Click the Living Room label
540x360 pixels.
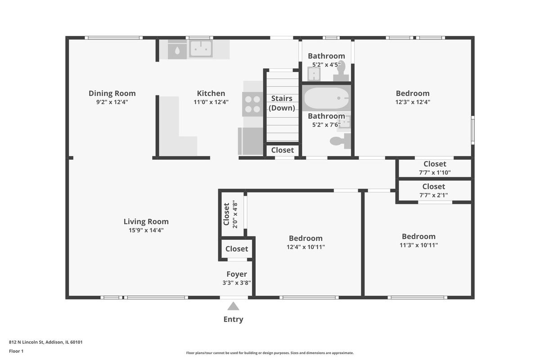click(x=146, y=221)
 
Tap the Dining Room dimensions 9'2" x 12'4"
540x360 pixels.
click(x=112, y=102)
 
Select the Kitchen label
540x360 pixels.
click(x=211, y=93)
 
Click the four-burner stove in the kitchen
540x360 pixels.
click(x=252, y=104)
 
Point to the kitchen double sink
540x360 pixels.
click(x=201, y=49)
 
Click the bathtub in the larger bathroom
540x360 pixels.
click(x=326, y=98)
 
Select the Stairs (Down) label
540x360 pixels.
click(x=282, y=103)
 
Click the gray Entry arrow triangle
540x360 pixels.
click(x=233, y=306)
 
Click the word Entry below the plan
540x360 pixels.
click(x=233, y=319)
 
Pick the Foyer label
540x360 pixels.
click(x=237, y=274)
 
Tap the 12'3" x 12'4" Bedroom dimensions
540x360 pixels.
click(x=413, y=102)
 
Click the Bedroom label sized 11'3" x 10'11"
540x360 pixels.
click(x=419, y=236)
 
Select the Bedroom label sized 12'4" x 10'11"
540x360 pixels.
click(x=306, y=238)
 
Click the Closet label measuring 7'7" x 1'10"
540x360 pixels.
click(x=435, y=164)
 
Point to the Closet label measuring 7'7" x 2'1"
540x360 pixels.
click(x=434, y=186)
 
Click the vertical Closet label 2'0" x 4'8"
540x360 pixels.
click(x=226, y=214)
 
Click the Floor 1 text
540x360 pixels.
click(x=16, y=351)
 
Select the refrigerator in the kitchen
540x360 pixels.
click(x=251, y=141)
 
